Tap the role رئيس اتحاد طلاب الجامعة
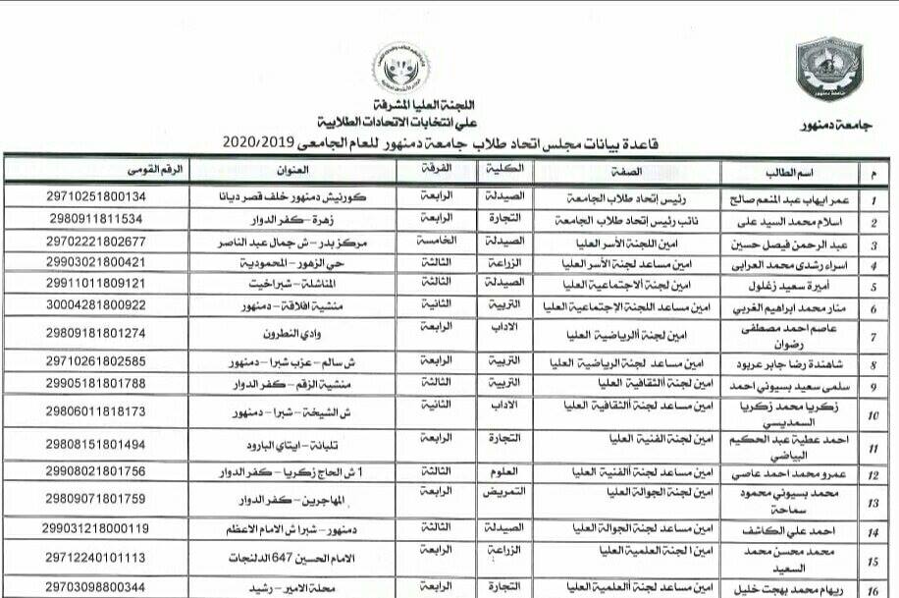click(x=630, y=196)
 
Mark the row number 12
click(x=873, y=475)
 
